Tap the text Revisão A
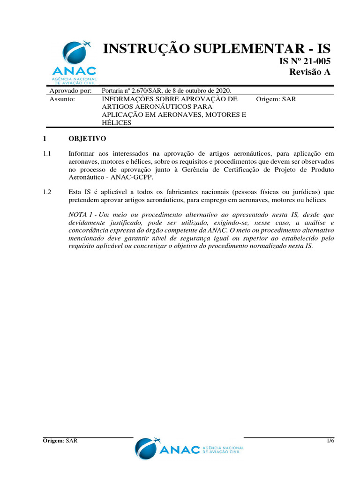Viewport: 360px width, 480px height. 310,72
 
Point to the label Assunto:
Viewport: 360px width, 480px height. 62,99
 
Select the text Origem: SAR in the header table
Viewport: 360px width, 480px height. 276,99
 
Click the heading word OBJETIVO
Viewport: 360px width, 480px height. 88,139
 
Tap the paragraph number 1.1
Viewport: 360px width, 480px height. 47,153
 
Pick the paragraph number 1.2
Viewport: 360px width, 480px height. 47,192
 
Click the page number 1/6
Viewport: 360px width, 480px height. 330,441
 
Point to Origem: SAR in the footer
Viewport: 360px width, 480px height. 60,441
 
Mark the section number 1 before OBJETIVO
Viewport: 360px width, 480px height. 45,139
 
